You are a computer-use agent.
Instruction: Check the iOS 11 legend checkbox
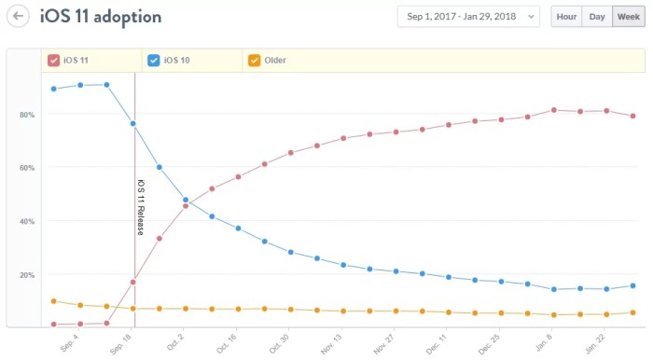pyautogui.click(x=54, y=61)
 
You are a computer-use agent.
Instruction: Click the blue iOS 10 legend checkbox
pyautogui.click(x=154, y=61)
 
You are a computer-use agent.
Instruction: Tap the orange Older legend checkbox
pyautogui.click(x=254, y=61)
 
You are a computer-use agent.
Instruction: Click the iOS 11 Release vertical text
pyautogui.click(x=141, y=206)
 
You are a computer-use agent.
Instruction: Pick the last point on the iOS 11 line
pyautogui.click(x=632, y=117)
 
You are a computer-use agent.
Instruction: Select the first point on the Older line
pyautogui.click(x=53, y=301)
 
